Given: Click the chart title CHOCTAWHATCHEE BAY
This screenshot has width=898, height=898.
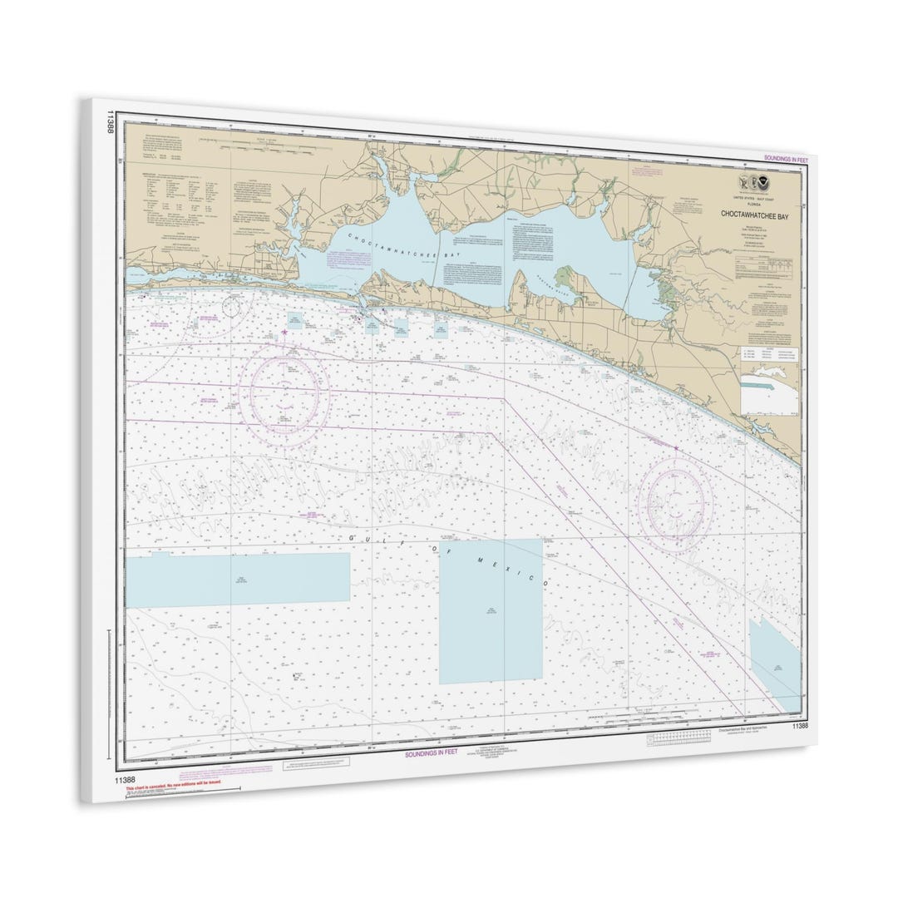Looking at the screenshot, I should [755, 215].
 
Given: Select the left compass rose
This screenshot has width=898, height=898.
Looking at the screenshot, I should [284, 396].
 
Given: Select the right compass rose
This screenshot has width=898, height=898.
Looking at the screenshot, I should [674, 501].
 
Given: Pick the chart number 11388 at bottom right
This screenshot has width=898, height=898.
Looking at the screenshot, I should [800, 726].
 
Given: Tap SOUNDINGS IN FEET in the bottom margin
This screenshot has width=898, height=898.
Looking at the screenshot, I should [431, 753].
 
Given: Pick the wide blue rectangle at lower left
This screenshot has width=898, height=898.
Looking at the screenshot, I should [238, 579].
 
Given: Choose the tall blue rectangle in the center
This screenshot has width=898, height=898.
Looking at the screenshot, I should [491, 612].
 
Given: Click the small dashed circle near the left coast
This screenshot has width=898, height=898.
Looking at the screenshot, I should [231, 306].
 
